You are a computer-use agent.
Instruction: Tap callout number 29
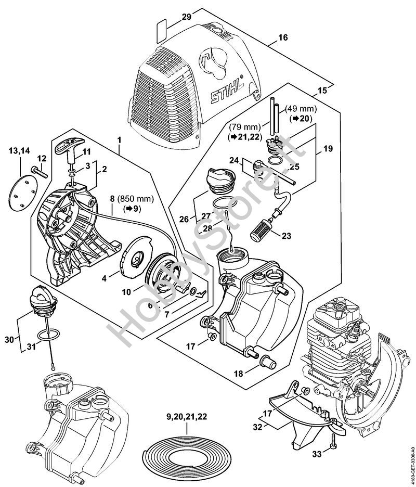click(x=172, y=17)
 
